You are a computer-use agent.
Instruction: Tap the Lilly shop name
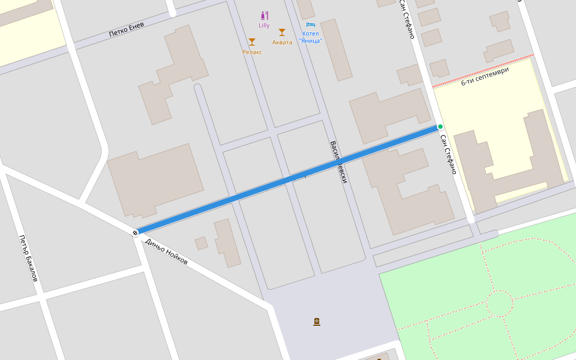(x=264, y=25)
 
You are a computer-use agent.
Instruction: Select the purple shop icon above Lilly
(x=264, y=16)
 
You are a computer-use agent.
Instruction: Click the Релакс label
(x=252, y=52)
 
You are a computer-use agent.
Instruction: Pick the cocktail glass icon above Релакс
(x=252, y=42)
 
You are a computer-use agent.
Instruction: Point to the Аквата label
(x=282, y=43)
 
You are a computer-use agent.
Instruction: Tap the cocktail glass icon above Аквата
(x=282, y=32)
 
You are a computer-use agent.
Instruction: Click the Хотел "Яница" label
(x=311, y=37)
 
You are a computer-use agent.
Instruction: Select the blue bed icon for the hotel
(x=311, y=25)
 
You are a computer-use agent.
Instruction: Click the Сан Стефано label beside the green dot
(x=448, y=154)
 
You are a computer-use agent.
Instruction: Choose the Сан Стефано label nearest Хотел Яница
(x=407, y=19)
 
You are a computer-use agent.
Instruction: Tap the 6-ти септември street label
(x=485, y=76)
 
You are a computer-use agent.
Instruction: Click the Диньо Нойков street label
(x=166, y=252)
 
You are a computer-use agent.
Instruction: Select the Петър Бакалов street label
(x=28, y=258)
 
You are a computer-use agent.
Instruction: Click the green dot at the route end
(x=440, y=127)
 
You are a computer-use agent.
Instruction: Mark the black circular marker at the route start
(x=135, y=233)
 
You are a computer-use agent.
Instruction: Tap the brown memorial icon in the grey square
(x=317, y=322)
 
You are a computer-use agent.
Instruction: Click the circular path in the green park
(x=499, y=303)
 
